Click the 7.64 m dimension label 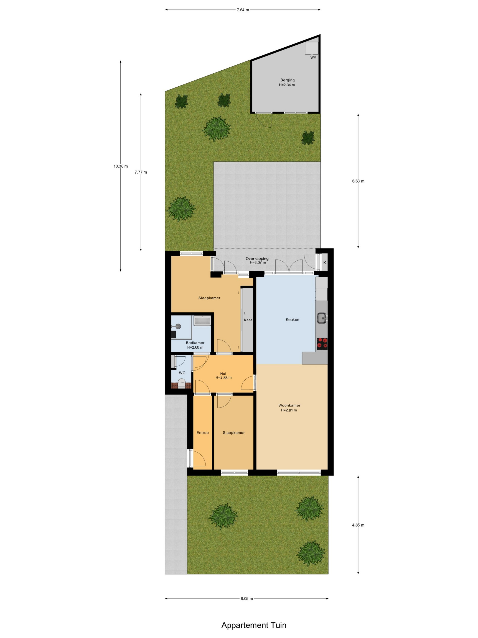coord(243,10)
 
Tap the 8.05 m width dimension coord(247,599)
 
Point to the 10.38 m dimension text coord(121,166)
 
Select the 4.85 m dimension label coord(358,525)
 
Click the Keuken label coord(292,320)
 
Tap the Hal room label coord(223,374)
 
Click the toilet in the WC coord(181,385)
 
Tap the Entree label coord(203,433)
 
